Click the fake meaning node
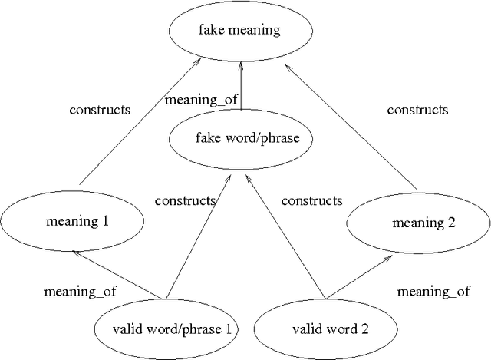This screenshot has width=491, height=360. tap(240, 31)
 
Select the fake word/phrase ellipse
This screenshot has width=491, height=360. tap(242, 139)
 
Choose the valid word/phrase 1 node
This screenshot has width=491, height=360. tap(166, 331)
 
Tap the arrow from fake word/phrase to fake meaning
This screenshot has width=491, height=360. tap(242, 88)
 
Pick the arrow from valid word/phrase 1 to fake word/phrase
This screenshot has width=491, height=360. tap(196, 237)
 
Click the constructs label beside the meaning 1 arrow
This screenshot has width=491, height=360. tap(100, 110)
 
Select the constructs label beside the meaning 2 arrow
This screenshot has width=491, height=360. tap(417, 110)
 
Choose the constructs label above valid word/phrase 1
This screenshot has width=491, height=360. tap(185, 201)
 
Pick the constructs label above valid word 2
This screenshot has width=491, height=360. tap(311, 201)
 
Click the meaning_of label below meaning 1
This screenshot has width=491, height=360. tap(75, 292)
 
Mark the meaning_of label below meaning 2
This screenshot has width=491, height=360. tap(433, 292)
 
